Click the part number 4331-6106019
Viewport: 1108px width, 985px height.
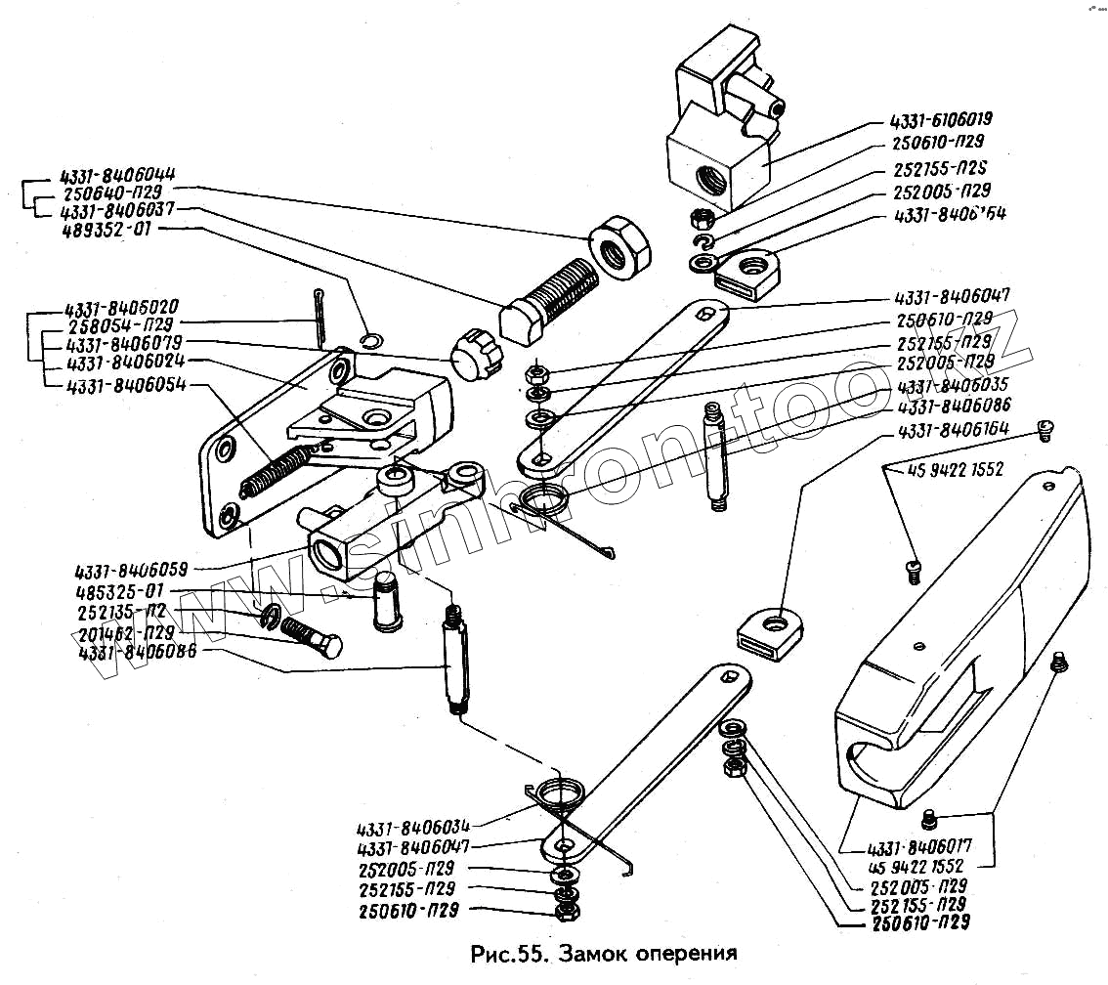point(940,121)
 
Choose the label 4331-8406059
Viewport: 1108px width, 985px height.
point(131,570)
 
